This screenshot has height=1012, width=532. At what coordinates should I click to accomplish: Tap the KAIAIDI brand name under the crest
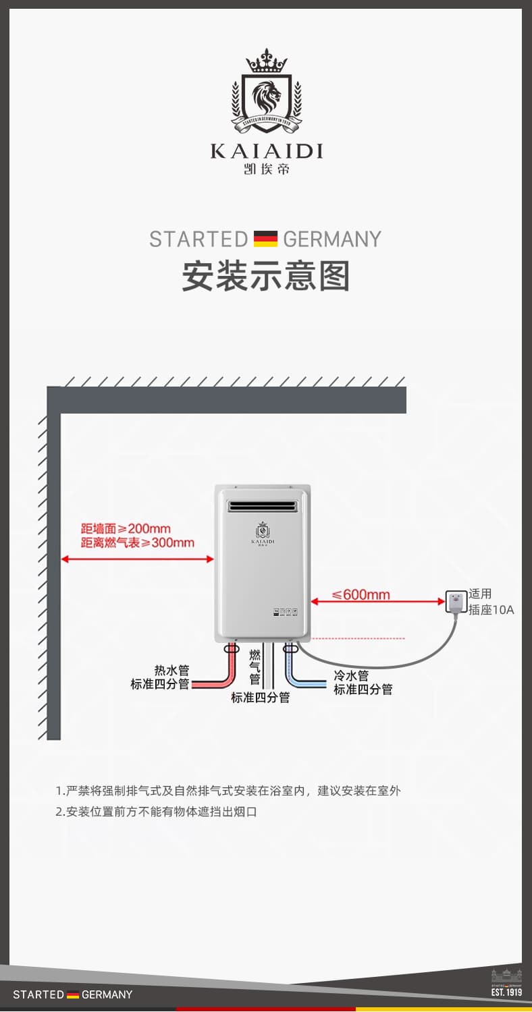click(x=266, y=150)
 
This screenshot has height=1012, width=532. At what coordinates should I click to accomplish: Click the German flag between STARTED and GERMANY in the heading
click(x=265, y=239)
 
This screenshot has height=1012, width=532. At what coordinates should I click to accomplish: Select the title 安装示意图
click(x=266, y=277)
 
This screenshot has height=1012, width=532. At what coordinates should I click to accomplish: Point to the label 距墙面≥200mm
click(x=126, y=528)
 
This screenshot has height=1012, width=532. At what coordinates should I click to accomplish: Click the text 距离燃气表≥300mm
click(x=137, y=542)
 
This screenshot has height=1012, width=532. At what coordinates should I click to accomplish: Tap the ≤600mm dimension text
click(x=361, y=594)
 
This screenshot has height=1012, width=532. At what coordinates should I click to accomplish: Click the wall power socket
click(x=456, y=601)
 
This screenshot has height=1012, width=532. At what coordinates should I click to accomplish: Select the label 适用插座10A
click(x=491, y=602)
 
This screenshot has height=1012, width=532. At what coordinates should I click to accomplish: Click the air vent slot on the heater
click(x=262, y=506)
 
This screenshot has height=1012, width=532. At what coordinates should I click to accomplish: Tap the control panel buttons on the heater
click(x=286, y=613)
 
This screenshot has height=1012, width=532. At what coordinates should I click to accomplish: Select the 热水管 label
click(x=171, y=670)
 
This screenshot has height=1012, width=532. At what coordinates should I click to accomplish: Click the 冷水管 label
click(x=351, y=675)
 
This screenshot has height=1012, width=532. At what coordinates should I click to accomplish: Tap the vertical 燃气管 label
click(x=255, y=667)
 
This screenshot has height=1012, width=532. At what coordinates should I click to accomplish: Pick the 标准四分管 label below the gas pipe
click(x=260, y=698)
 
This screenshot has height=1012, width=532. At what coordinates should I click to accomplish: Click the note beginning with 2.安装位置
click(x=157, y=812)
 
